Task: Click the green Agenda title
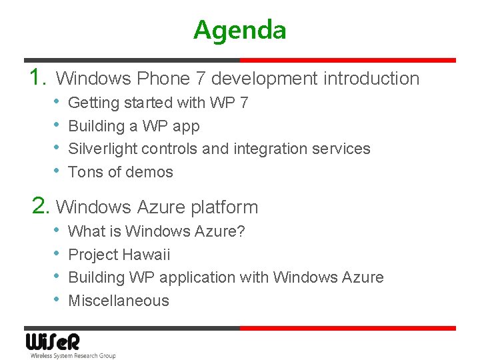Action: (x=240, y=30)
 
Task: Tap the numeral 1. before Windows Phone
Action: (x=39, y=78)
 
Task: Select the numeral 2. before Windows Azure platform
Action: (x=41, y=207)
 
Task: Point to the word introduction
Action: (x=371, y=79)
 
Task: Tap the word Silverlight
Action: (x=103, y=149)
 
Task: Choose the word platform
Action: (x=224, y=207)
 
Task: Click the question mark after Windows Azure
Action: (x=241, y=232)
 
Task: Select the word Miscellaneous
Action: (x=119, y=301)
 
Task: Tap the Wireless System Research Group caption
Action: (x=73, y=356)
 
